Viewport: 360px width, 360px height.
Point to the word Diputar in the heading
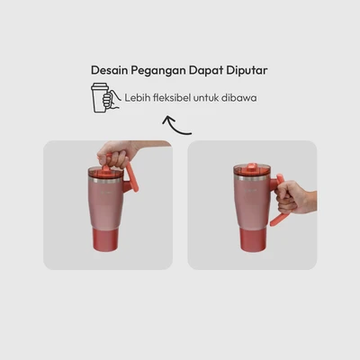click(247, 71)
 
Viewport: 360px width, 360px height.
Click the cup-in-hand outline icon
click(105, 98)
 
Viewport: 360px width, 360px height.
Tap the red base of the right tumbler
click(252, 239)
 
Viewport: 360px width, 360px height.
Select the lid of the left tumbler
click(106, 171)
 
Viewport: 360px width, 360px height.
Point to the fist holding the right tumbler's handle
click(295, 198)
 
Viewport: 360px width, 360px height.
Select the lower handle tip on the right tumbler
click(274, 221)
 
